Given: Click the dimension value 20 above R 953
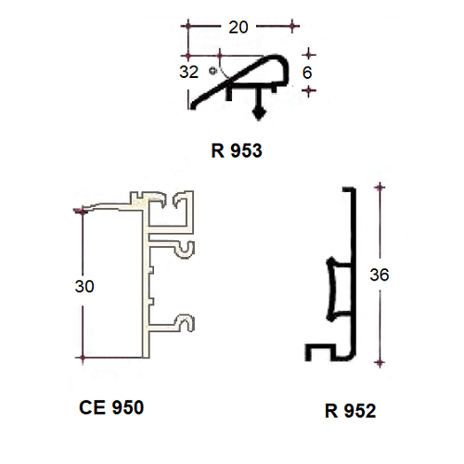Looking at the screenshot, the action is [238, 27].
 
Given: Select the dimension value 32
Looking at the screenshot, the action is [188, 71].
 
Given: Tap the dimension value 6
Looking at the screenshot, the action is [307, 72].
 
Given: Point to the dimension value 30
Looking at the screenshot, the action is [84, 286].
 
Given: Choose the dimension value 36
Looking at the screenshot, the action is [380, 275].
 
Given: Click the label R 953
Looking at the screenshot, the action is [237, 150].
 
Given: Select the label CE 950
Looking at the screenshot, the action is [111, 407].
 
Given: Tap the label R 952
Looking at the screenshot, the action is [350, 411].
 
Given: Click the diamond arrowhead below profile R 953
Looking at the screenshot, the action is [259, 113].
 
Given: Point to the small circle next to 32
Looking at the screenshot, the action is [213, 71].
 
